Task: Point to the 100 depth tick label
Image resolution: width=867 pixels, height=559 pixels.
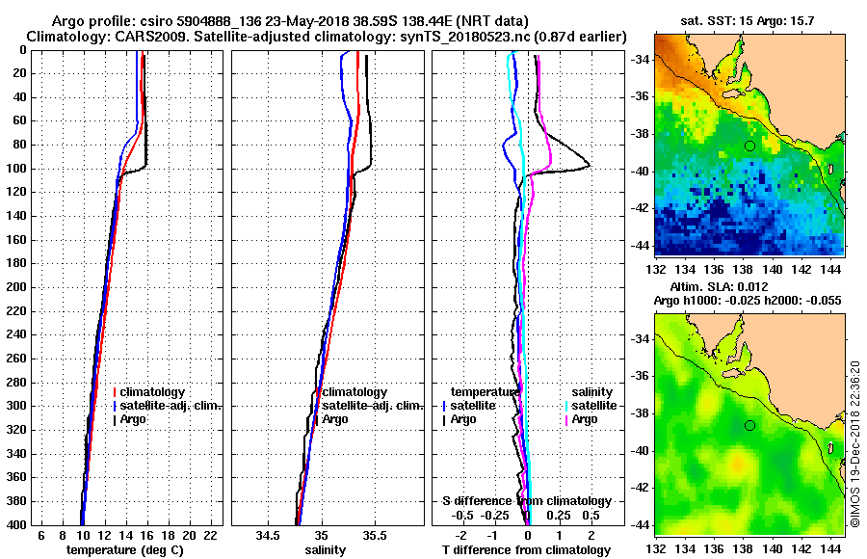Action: point(16,169)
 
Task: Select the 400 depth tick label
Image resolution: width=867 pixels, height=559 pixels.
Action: point(16,524)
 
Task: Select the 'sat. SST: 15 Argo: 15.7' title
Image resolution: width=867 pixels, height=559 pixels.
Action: point(749,20)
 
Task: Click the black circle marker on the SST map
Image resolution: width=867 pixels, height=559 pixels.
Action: point(749,146)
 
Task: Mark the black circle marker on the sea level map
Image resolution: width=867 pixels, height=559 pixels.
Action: point(749,425)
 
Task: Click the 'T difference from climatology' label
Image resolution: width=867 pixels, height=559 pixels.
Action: point(526,549)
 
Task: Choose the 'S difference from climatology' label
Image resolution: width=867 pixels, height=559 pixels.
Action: point(526,501)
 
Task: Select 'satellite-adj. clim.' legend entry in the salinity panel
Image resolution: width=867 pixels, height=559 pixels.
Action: point(367,406)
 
